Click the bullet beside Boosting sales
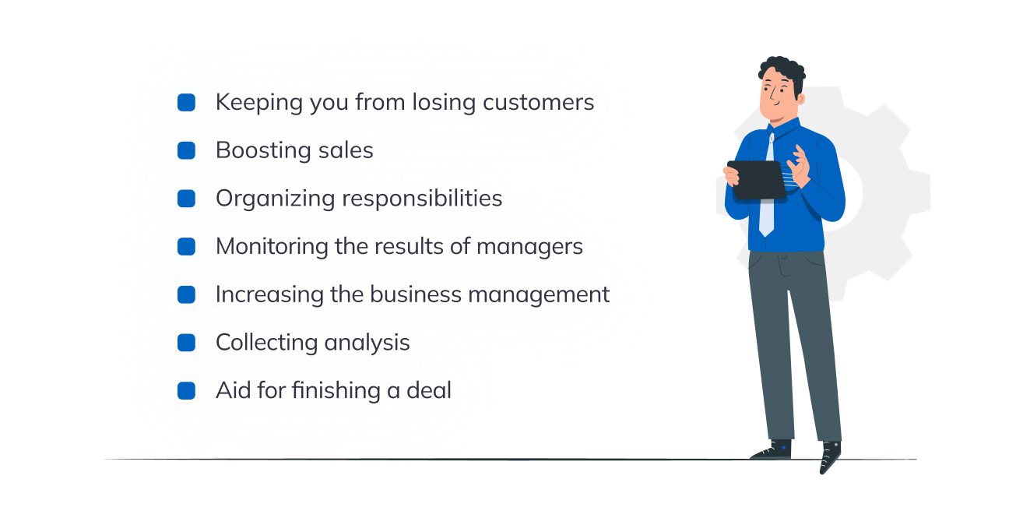click(186, 150)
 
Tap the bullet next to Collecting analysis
click(186, 343)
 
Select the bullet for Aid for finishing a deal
click(186, 391)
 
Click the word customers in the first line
click(539, 103)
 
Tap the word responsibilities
click(422, 199)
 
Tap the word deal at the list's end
click(429, 390)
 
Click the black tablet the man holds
click(757, 180)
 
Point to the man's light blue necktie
click(767, 186)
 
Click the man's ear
click(800, 99)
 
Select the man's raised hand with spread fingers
click(798, 165)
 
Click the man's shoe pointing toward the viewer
click(830, 456)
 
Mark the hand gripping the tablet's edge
click(731, 176)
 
